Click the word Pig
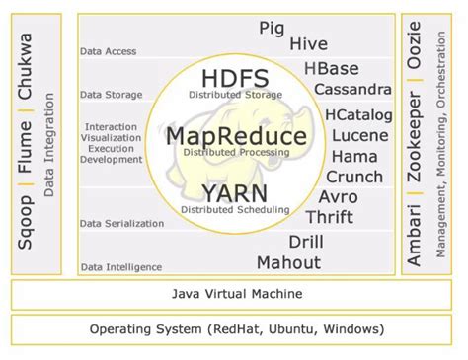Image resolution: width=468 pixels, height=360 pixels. [273, 29]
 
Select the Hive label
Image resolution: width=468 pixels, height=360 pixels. [308, 44]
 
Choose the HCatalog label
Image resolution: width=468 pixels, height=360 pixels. [353, 114]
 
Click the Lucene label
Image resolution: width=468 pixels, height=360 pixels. [359, 135]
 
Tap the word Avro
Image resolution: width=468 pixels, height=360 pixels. [339, 196]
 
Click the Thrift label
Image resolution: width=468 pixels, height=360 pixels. [330, 217]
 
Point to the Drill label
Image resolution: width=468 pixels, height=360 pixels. [306, 242]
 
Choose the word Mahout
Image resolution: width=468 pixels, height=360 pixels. [288, 262]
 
